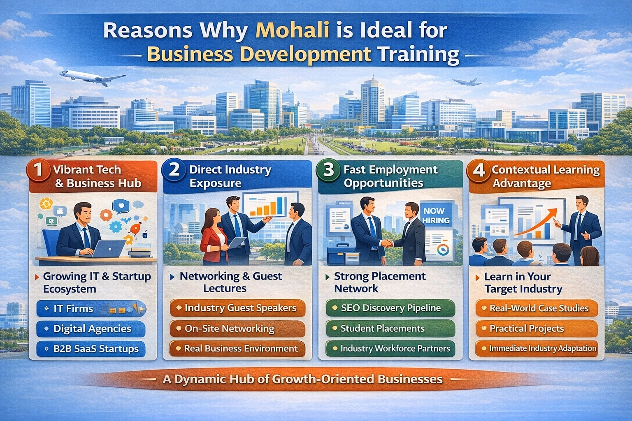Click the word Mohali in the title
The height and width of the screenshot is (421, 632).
pos(292,31)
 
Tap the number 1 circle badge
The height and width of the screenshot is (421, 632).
pos(38,169)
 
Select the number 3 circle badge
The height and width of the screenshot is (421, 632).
pos(328,169)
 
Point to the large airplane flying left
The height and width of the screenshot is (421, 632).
pos(91,77)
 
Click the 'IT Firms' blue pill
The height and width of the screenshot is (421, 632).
pos(91,309)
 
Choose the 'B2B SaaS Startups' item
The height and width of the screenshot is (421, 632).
pos(91,349)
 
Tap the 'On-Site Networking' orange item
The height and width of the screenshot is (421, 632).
pos(237,328)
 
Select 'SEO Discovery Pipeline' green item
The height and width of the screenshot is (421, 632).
pos(390,308)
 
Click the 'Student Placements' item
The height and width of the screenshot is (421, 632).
pos(390,328)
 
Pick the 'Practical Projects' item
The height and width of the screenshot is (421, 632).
pos(536,328)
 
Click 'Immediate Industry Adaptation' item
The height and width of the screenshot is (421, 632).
pos(536,348)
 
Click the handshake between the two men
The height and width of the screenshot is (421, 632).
pos(388,243)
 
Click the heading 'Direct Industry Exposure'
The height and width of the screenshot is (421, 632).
pos(230,176)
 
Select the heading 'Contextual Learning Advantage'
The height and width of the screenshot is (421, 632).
pos(545,176)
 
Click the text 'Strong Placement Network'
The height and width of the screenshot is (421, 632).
pos(379,282)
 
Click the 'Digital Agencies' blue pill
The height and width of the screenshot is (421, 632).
pos(91,328)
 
